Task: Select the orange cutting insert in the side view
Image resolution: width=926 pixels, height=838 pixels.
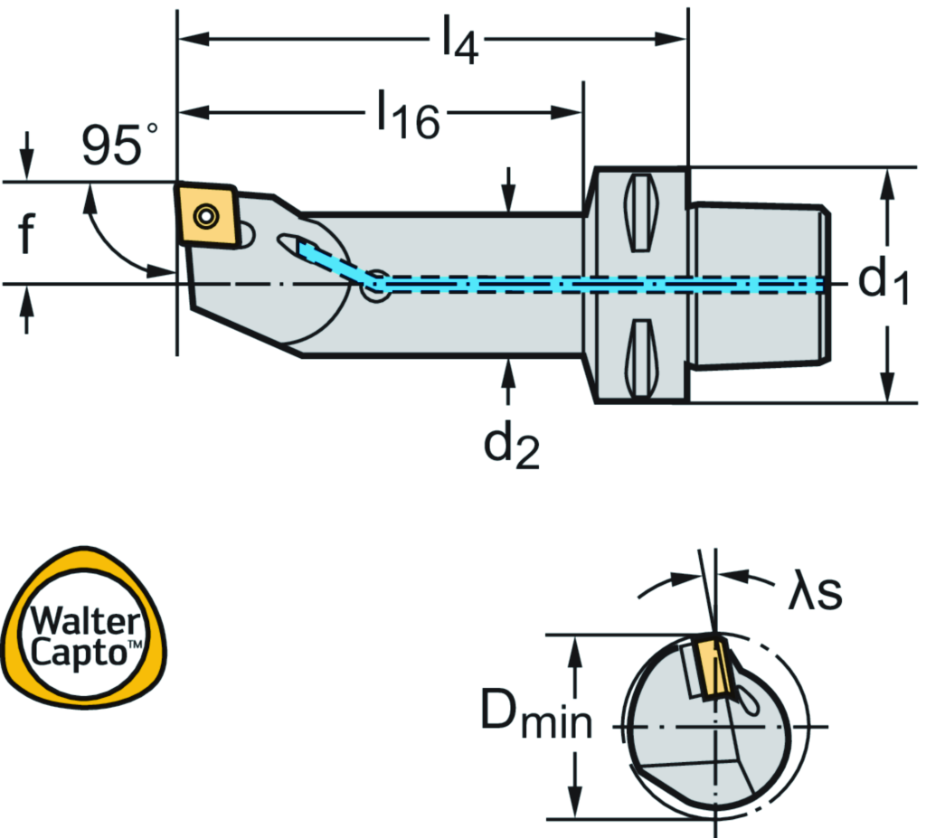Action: tap(207, 214)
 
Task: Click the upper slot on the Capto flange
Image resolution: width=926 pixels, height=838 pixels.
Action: tap(639, 213)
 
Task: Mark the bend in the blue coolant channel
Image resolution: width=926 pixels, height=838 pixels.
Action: tap(373, 284)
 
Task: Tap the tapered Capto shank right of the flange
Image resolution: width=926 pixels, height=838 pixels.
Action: tap(758, 285)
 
